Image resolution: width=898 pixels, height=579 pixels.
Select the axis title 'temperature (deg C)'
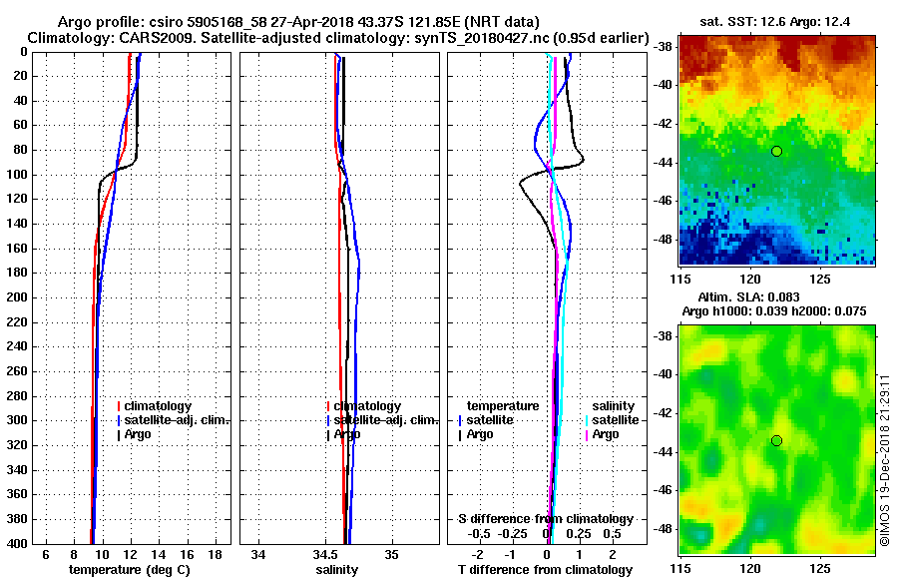130,569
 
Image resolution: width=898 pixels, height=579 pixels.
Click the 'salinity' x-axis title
338,569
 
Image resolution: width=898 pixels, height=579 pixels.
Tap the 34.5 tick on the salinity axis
325,554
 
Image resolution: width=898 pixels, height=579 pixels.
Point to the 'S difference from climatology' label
546,519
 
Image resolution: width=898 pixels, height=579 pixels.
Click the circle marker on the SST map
776,151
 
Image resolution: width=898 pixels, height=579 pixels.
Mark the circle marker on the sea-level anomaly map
776,440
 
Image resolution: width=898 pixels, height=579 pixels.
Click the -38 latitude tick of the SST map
665,46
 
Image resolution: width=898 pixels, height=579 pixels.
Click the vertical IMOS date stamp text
884,454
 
